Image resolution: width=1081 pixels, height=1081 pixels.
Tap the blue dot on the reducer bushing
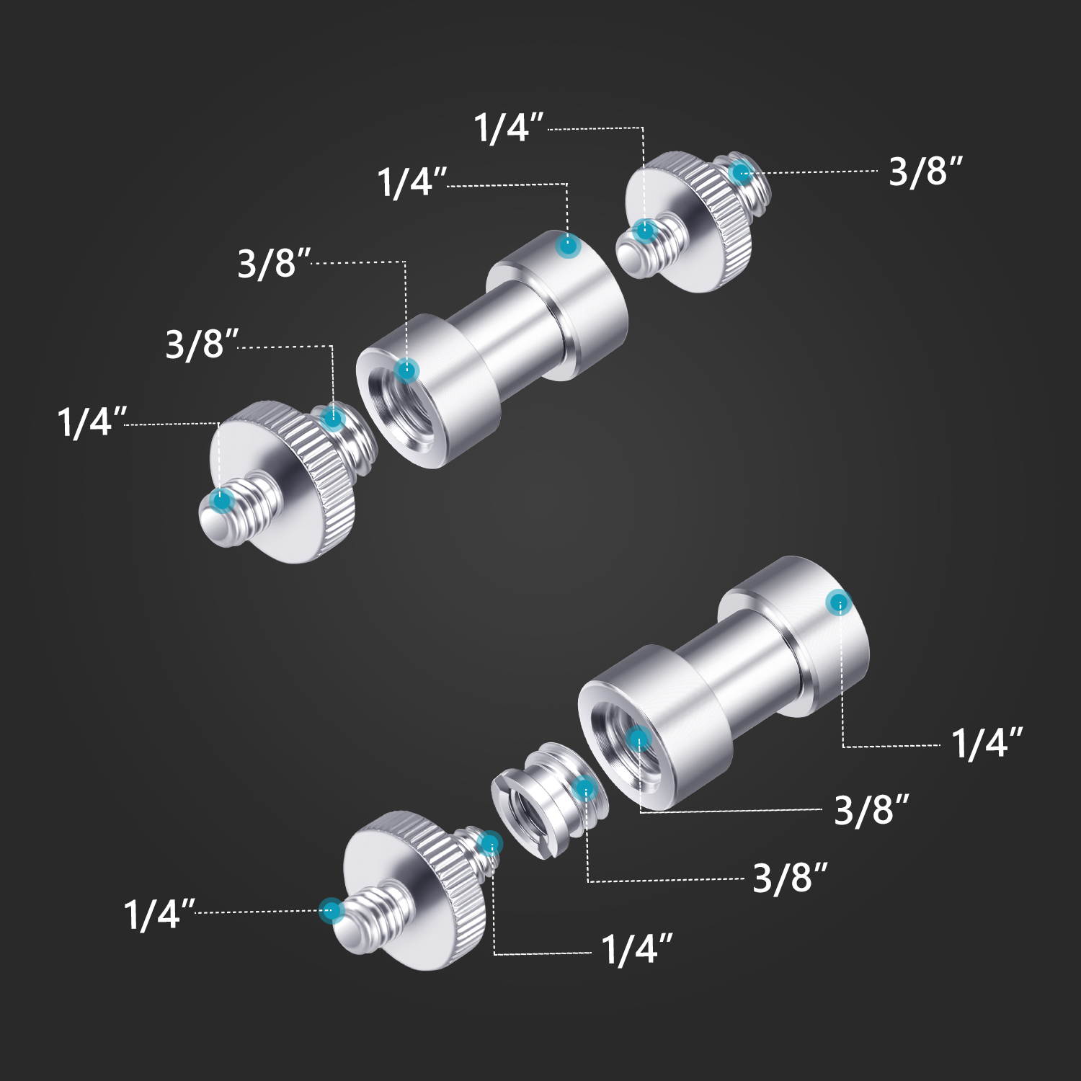585,789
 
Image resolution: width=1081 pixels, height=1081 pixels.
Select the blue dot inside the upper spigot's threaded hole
406,370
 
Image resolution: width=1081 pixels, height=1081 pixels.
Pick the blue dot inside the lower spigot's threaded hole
639,739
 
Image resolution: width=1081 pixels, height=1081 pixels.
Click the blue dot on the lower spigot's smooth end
839,602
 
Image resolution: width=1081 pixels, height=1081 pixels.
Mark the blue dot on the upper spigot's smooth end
569,246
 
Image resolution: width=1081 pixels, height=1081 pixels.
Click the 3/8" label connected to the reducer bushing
790,878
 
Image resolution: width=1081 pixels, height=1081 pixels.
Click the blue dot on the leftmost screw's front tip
221,498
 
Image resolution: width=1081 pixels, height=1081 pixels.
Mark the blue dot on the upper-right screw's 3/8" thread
741,173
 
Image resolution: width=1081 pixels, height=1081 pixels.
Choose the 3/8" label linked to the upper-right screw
925,172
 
